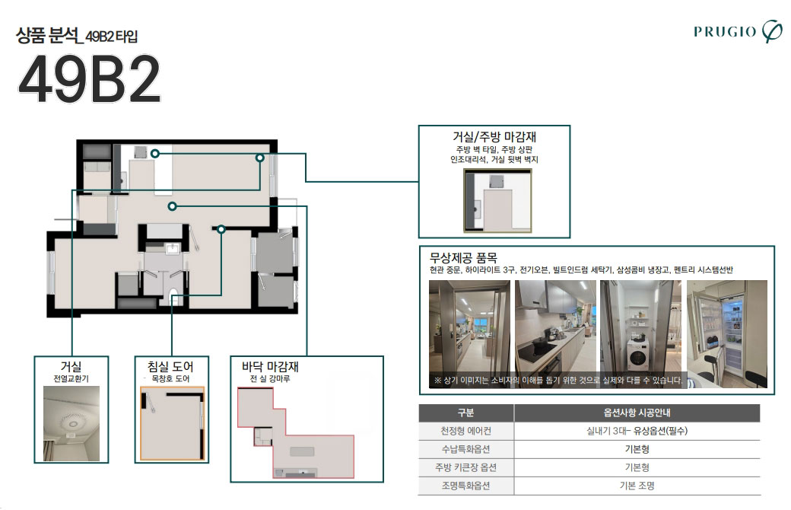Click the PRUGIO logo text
(724, 31)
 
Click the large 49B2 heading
(89, 80)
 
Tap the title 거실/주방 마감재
(494, 137)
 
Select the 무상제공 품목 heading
(463, 257)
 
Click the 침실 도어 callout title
(170, 367)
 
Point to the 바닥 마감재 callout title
(270, 367)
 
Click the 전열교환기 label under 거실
(71, 379)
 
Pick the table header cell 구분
(465, 413)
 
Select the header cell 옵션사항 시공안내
(637, 413)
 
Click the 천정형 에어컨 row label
(465, 431)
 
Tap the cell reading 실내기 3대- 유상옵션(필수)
(637, 431)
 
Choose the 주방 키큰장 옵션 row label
(465, 467)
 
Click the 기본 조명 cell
(637, 486)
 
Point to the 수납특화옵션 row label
(465, 449)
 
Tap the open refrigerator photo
(727, 333)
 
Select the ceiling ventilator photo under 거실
(71, 424)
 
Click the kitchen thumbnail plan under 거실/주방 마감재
(497, 200)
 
